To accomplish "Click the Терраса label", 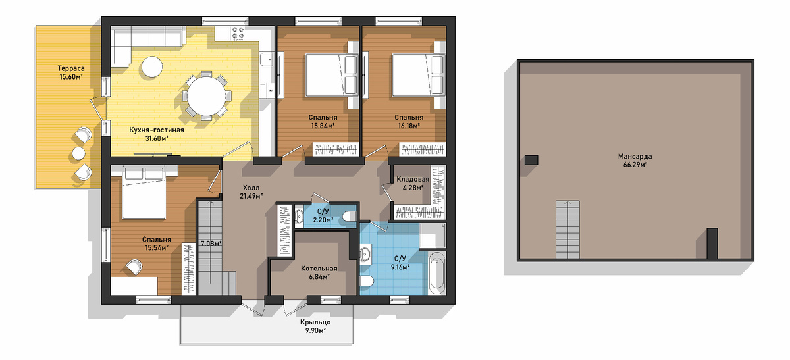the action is coord(71,68).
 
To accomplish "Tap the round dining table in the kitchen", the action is coord(207,96).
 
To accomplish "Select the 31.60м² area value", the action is coord(157,138).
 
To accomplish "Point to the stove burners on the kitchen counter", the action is coord(238,33).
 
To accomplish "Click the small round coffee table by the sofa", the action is coord(152,66).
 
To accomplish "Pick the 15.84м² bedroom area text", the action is coord(323,126).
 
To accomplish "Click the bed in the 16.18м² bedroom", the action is coord(419,75).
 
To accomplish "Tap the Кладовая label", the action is coord(413,180).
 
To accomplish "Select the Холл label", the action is coord(251,188).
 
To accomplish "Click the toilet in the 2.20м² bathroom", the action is coord(349,216).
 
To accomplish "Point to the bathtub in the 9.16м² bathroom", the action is coord(437,274).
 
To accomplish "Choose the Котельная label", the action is coord(319,269).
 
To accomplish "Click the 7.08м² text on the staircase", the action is coord(211,244).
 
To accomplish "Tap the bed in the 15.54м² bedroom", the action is coord(144,193).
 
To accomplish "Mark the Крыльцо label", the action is coord(315,322).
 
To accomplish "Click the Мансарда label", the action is coord(635,156).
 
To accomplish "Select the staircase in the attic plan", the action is coord(567,230).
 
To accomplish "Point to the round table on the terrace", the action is coord(78,153).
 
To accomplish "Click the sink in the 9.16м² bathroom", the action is coord(365,254).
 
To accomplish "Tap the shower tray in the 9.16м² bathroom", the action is coord(433,236).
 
